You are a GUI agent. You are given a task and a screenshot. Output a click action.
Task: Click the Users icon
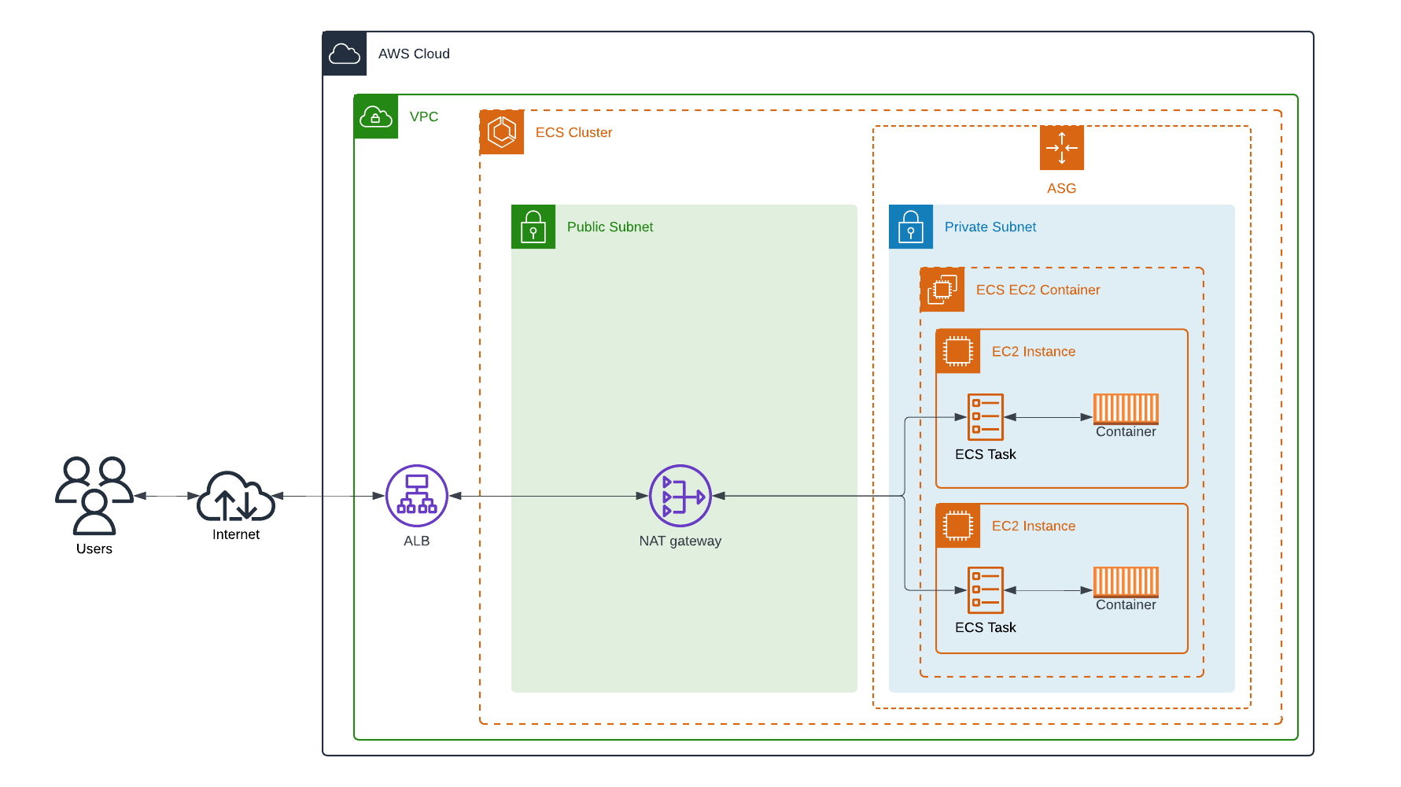(x=94, y=496)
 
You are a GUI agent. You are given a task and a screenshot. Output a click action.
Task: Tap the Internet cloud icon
(x=235, y=497)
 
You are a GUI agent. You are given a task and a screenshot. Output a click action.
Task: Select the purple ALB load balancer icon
(x=417, y=496)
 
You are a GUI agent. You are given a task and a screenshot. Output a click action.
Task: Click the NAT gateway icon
(x=680, y=496)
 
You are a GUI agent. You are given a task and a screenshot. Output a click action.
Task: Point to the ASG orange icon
(x=1061, y=148)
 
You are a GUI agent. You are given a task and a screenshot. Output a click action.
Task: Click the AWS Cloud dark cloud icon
(x=345, y=54)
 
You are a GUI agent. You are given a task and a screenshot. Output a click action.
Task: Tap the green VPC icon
(x=376, y=116)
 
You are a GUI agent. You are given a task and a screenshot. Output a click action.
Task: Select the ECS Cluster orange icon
(x=502, y=132)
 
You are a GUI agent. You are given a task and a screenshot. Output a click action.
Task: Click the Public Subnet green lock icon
(x=533, y=227)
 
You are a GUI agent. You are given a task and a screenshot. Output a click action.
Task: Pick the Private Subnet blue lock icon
(x=911, y=227)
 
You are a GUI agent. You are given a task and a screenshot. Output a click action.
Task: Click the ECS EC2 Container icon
(x=942, y=290)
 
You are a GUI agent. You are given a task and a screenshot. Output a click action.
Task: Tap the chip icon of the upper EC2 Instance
(x=958, y=351)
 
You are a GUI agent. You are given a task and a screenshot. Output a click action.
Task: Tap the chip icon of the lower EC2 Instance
(x=958, y=526)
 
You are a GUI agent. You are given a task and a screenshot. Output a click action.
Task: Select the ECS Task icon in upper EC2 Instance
(x=986, y=417)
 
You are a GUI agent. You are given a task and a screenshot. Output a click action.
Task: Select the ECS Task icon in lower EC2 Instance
(x=986, y=590)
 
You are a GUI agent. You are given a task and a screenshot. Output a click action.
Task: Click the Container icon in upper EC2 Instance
(x=1126, y=408)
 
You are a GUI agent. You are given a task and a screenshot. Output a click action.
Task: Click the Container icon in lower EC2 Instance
(x=1126, y=582)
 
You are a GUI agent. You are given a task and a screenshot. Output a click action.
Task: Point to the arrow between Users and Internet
(x=165, y=496)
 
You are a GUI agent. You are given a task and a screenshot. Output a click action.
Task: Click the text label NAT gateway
(x=680, y=541)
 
